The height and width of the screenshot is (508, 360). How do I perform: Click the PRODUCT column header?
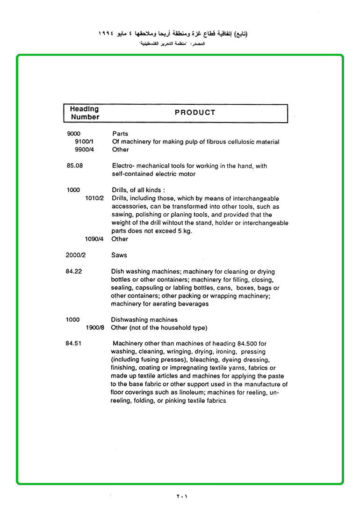(x=195, y=113)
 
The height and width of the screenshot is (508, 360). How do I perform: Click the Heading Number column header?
(x=85, y=113)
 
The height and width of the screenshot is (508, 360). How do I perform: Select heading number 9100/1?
(x=85, y=142)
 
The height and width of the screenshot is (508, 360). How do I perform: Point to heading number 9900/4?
(x=85, y=150)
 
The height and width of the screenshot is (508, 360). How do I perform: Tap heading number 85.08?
(x=74, y=166)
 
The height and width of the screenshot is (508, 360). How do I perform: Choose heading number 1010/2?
(x=94, y=198)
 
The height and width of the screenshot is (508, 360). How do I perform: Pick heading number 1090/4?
(x=94, y=239)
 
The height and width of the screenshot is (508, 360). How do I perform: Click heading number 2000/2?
(x=75, y=255)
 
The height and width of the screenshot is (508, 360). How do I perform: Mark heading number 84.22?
(x=74, y=272)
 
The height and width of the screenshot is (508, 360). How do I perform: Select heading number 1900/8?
(x=95, y=328)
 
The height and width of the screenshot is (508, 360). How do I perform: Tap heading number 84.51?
(x=74, y=344)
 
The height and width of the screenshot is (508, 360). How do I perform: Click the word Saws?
(x=119, y=255)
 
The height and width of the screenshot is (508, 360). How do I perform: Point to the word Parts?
(x=120, y=134)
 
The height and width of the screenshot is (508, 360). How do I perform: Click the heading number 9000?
(x=74, y=134)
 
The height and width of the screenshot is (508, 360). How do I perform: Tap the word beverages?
(x=193, y=304)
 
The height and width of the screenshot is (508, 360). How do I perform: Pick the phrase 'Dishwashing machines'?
(x=144, y=320)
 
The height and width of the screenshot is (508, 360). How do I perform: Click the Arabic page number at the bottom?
(x=182, y=496)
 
